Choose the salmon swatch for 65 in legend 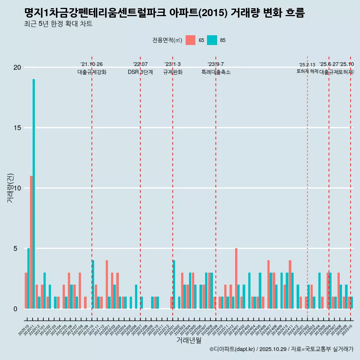[x=190, y=40]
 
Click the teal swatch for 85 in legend [x=212, y=40]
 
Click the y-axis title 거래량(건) [x=10, y=188]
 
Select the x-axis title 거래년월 [x=189, y=340]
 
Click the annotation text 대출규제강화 [x=92, y=72]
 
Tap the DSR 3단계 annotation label [x=140, y=72]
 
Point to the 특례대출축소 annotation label [x=216, y=72]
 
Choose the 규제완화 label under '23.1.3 [x=172, y=72]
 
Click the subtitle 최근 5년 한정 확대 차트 [x=58, y=24]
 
